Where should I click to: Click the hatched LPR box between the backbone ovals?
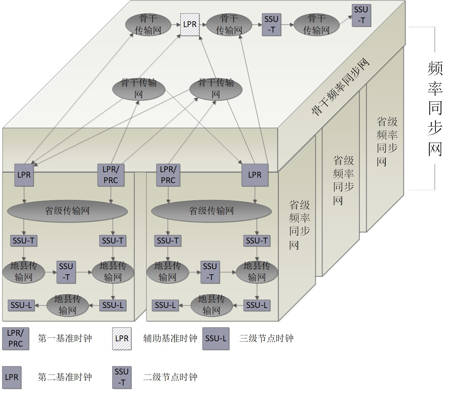(x=190, y=24)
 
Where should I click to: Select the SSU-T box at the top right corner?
(x=361, y=15)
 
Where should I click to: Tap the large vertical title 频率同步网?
(x=435, y=108)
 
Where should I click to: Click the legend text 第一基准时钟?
(x=65, y=338)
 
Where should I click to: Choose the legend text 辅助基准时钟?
(x=170, y=338)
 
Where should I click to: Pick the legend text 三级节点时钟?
(x=266, y=338)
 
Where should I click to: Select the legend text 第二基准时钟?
(x=65, y=377)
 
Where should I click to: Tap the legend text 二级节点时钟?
(x=170, y=377)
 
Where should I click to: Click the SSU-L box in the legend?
(x=216, y=338)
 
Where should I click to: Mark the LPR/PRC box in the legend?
(x=15, y=338)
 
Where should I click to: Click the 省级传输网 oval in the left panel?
(x=67, y=211)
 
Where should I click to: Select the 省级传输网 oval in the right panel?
(x=211, y=211)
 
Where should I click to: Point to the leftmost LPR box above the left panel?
(x=24, y=175)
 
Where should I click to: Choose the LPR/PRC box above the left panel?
(x=111, y=175)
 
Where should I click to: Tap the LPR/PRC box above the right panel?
(x=168, y=175)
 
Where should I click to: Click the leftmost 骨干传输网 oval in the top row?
(x=148, y=24)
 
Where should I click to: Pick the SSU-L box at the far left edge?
(x=21, y=305)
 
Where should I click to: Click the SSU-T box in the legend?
(x=122, y=377)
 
